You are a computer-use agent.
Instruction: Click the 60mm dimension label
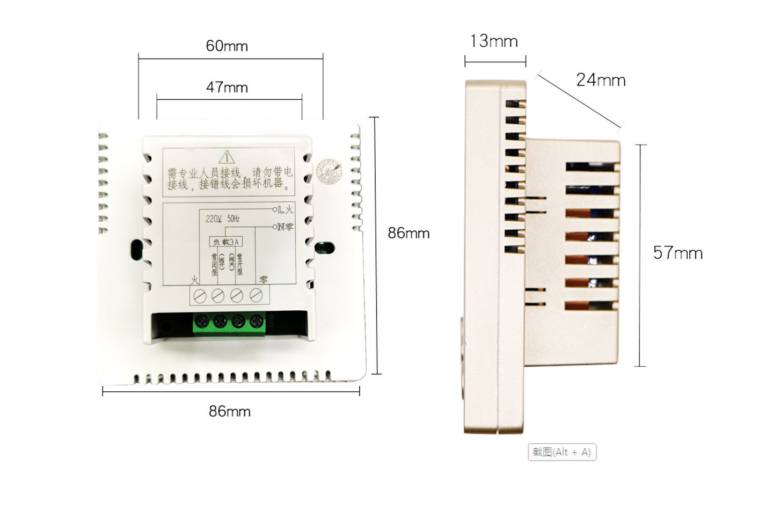tap(227, 46)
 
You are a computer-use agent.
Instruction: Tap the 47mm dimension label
tap(227, 87)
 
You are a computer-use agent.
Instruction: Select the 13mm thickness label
tap(493, 41)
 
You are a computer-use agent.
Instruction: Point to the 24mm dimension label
tap(601, 80)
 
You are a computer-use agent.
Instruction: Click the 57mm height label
tap(677, 253)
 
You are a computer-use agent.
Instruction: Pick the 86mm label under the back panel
tap(230, 411)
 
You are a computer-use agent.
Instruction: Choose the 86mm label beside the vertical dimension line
tap(409, 233)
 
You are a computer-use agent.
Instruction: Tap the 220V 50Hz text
tap(223, 219)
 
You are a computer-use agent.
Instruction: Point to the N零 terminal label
tap(284, 227)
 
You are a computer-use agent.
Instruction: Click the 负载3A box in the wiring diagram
tap(225, 242)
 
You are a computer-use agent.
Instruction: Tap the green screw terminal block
tap(229, 323)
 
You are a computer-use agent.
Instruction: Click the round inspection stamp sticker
tap(328, 171)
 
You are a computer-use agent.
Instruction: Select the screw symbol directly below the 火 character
tap(200, 296)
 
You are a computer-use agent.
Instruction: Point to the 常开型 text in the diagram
tap(239, 264)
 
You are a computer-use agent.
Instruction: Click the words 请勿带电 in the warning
tap(273, 173)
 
